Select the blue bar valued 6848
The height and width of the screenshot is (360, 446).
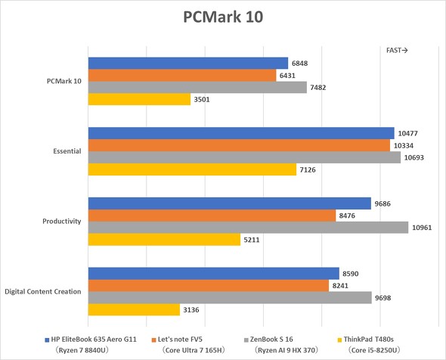pos(188,64)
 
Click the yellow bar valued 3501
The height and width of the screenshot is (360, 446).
pos(139,99)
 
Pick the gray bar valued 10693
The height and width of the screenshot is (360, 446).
pos(244,157)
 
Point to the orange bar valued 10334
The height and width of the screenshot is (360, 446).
pos(239,145)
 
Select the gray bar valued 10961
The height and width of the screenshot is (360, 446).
pos(248,227)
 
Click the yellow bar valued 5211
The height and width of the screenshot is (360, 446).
pos(164,239)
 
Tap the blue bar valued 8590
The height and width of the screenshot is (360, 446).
pos(214,273)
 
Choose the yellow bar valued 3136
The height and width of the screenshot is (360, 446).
pos(134,309)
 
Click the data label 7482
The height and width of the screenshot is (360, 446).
pos(321,88)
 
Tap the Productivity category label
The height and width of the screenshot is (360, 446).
pos(61,221)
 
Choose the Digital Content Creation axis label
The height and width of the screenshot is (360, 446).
pos(43,291)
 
